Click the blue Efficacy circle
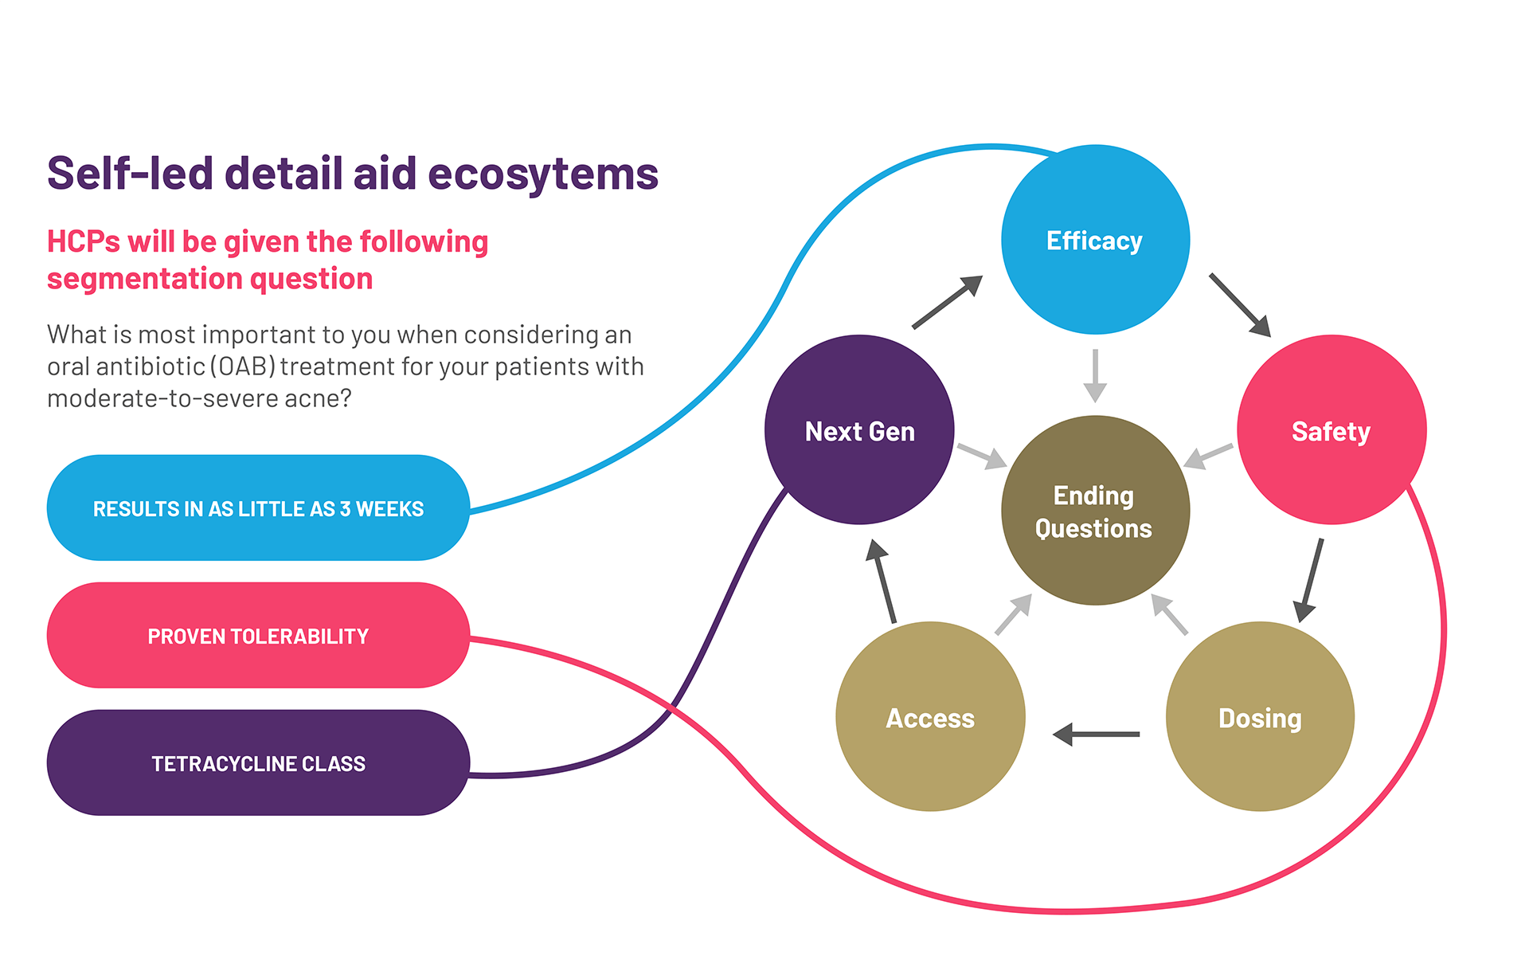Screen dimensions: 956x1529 [1095, 239]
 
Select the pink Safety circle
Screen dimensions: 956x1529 [1331, 430]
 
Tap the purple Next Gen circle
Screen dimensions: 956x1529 [859, 430]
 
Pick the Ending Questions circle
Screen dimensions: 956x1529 [1095, 511]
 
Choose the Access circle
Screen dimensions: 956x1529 [930, 717]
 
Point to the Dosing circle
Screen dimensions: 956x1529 [1260, 717]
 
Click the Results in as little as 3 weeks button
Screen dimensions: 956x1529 [258, 508]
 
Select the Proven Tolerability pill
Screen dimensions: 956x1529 [258, 636]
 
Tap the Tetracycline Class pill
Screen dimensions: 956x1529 [258, 763]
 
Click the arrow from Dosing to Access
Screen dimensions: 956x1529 [1096, 734]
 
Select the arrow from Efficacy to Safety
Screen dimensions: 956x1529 [1239, 304]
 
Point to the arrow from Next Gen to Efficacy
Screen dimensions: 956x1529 [947, 302]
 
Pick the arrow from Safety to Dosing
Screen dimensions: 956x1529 [1311, 580]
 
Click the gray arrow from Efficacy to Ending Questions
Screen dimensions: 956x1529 [1095, 375]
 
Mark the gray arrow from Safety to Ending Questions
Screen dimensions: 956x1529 [1208, 456]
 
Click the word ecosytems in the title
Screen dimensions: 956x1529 [543, 174]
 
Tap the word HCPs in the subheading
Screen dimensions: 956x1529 [83, 241]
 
